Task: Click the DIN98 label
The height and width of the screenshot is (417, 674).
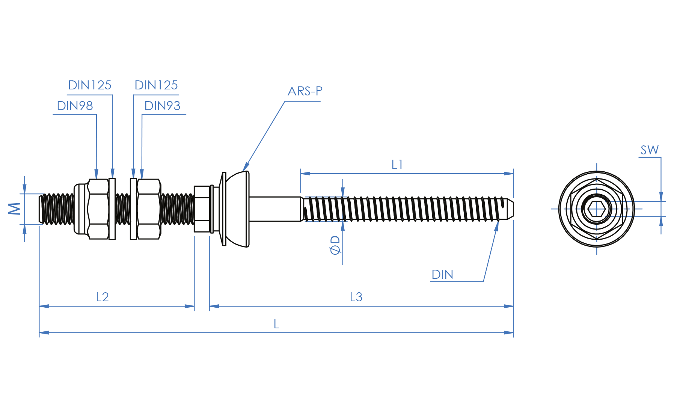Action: [x=75, y=106]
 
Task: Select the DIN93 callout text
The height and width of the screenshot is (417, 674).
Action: [x=162, y=106]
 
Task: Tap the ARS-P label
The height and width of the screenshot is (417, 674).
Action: [x=305, y=91]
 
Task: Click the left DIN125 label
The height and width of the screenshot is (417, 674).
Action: [x=89, y=85]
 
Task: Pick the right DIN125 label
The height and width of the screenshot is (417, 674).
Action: [x=156, y=85]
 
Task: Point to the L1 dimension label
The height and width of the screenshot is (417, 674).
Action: [x=397, y=165]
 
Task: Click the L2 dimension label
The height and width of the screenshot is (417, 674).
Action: [x=102, y=297]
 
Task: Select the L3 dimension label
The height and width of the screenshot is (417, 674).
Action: [x=356, y=297]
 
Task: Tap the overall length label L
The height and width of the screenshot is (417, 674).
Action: [x=276, y=324]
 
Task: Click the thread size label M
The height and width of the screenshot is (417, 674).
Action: [x=15, y=209]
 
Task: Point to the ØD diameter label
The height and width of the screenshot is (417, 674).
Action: [x=335, y=245]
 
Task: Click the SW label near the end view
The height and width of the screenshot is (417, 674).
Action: [x=649, y=150]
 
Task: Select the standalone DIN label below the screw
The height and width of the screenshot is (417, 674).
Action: [x=442, y=275]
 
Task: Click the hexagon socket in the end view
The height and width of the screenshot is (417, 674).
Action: [x=596, y=209]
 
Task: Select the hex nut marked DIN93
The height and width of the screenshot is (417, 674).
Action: [x=149, y=209]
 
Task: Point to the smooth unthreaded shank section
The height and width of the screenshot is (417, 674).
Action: [x=274, y=209]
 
